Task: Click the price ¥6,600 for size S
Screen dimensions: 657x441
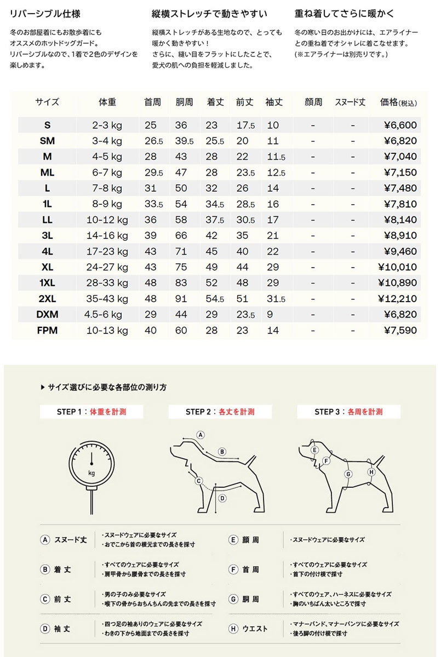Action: click(400, 125)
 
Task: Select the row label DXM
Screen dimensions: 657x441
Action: click(47, 315)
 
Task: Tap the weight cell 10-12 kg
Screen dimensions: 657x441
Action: click(107, 220)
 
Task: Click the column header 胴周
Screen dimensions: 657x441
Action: click(184, 102)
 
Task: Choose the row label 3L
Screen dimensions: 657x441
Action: click(47, 236)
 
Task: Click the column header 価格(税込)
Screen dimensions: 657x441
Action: click(399, 102)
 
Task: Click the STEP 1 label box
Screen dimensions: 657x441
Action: click(91, 412)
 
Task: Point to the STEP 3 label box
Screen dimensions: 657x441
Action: click(348, 412)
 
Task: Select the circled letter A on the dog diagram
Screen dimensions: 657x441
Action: click(201, 435)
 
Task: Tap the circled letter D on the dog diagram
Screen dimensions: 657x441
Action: click(222, 498)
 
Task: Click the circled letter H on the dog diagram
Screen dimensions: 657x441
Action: click(371, 472)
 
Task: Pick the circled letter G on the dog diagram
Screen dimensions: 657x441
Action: click(348, 474)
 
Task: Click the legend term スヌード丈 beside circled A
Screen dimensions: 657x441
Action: click(70, 539)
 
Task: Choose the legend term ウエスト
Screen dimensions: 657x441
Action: click(255, 629)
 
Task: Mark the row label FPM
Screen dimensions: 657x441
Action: click(47, 331)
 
